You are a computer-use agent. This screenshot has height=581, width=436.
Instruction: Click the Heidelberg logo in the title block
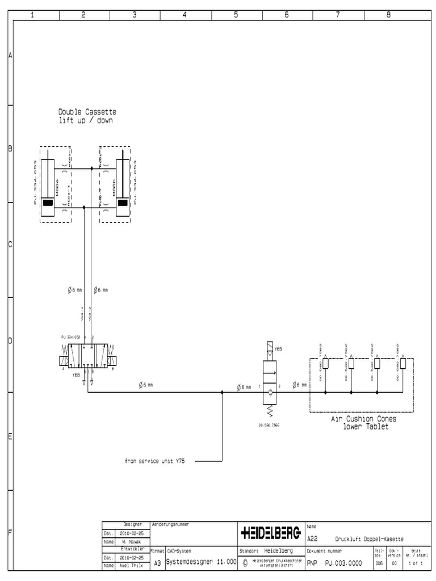tap(271, 533)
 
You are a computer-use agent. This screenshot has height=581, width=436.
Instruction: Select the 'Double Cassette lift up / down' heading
tap(87, 116)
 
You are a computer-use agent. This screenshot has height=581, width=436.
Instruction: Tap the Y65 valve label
tap(278, 349)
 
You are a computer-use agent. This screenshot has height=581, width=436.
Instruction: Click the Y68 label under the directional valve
tap(76, 376)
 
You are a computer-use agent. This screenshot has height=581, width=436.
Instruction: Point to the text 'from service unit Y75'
tap(155, 461)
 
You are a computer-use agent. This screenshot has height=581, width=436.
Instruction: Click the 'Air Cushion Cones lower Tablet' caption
tap(364, 423)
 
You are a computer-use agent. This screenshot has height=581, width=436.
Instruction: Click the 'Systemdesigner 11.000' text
tap(201, 561)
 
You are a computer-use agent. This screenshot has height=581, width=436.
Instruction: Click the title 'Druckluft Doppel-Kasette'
tap(369, 539)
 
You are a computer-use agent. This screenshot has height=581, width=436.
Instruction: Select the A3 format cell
tap(157, 562)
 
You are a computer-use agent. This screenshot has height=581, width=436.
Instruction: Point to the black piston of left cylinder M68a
tap(48, 203)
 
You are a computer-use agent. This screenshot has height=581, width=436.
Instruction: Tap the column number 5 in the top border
tap(236, 15)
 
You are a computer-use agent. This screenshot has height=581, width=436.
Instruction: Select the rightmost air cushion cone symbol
tap(403, 364)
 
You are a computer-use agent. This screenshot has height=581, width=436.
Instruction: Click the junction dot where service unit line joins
tap(222, 391)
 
